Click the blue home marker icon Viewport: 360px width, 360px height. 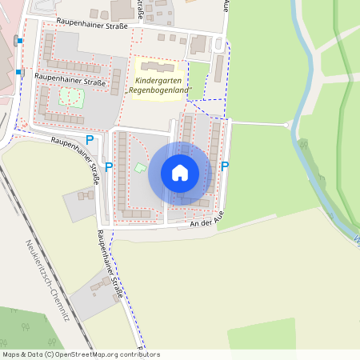point(180,173)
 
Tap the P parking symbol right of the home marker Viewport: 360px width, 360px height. point(225,166)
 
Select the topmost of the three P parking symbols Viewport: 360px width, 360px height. point(90,140)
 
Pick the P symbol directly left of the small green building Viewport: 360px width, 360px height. point(109,166)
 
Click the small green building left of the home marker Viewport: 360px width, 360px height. point(140,167)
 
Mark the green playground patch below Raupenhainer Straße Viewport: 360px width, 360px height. point(70,98)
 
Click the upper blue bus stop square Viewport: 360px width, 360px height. point(18,38)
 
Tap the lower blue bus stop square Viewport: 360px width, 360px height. point(18,72)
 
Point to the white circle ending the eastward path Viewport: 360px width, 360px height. point(287,125)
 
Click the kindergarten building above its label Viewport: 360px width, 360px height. point(160,67)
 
